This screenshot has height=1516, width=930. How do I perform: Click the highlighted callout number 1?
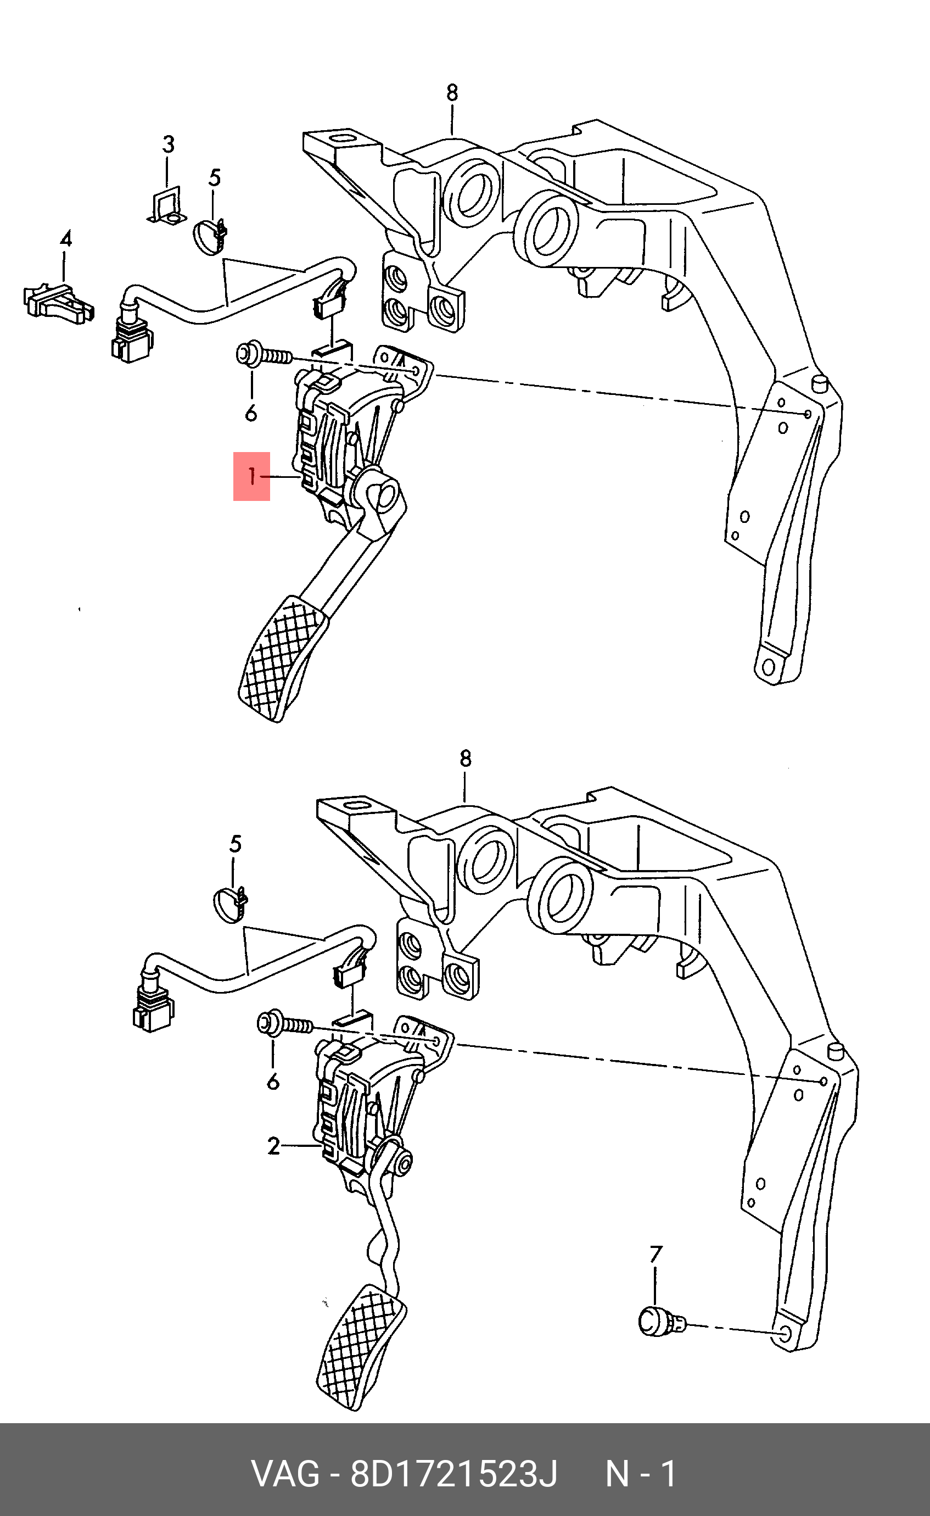coord(251,476)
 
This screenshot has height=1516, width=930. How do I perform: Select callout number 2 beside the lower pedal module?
coord(274,1146)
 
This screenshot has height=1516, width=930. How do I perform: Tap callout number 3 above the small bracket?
coord(169,144)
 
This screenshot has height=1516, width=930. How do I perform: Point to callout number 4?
coord(66,239)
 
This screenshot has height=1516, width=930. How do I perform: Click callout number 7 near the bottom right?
coord(656,1254)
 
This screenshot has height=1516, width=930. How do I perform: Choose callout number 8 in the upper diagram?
coord(452,93)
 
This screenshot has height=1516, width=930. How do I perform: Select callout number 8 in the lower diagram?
coord(466,759)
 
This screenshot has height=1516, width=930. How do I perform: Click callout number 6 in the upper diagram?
coord(251,413)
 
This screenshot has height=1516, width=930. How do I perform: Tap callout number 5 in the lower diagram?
coord(236,844)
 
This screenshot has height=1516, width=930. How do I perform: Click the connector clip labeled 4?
coord(58,302)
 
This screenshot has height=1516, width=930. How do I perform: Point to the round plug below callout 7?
coord(656,1321)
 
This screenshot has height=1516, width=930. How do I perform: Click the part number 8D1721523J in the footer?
coord(453,1474)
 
